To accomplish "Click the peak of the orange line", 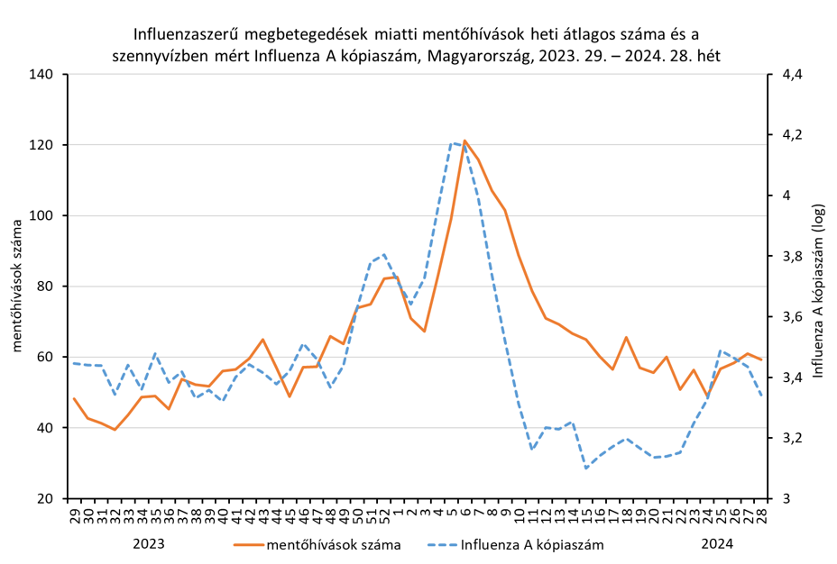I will tap(464, 141).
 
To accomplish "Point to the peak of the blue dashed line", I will tap(451, 142).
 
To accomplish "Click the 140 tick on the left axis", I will tap(45, 75).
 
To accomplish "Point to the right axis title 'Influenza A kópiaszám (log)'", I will tap(818, 287).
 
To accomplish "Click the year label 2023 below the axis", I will tap(149, 544).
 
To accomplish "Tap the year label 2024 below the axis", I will tap(718, 544).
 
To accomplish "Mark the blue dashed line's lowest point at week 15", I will tap(586, 468).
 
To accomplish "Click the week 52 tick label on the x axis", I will tap(384, 516).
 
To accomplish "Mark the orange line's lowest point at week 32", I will tap(115, 430).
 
